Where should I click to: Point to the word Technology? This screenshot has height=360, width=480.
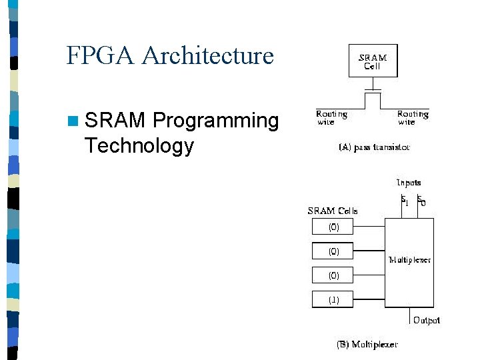(x=139, y=145)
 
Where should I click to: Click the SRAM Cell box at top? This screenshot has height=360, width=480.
(x=373, y=61)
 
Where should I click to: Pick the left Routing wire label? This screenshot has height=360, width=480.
(x=331, y=118)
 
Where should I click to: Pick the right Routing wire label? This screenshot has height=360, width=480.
(x=413, y=118)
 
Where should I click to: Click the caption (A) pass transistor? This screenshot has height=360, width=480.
(x=374, y=147)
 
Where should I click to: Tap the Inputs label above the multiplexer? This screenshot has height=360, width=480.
(x=409, y=182)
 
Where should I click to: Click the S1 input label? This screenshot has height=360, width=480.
(x=405, y=199)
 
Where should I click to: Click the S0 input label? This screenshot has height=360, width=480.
(x=421, y=199)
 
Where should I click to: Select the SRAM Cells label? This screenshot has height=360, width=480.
(x=333, y=211)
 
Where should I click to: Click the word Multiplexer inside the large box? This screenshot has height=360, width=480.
(x=409, y=260)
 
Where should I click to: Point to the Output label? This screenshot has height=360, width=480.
(x=427, y=321)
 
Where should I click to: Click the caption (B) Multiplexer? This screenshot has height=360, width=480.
(x=367, y=345)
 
